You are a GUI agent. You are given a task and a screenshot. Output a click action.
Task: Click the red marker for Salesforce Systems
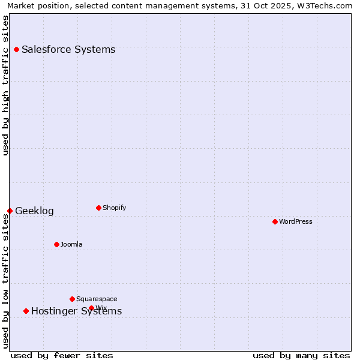click(16, 49)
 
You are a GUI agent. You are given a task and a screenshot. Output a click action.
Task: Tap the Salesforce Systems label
click(68, 49)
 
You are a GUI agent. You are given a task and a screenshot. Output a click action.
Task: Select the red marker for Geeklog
click(10, 211)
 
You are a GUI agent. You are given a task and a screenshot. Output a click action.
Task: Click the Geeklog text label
click(34, 211)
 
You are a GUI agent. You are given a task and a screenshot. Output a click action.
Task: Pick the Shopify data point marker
click(98, 208)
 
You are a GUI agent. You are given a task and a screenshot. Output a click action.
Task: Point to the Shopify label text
click(114, 208)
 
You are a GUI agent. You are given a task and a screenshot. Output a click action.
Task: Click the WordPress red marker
click(275, 221)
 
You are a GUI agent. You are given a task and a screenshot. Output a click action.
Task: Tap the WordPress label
click(296, 222)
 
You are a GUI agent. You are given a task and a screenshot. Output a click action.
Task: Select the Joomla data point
click(56, 244)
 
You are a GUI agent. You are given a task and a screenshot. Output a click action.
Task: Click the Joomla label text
click(71, 245)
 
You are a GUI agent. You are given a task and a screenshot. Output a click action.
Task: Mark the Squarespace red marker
click(72, 299)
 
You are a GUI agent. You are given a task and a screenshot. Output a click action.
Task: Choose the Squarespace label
click(97, 299)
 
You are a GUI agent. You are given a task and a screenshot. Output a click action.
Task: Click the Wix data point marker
click(91, 308)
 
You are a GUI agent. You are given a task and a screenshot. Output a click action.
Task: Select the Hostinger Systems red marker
click(26, 311)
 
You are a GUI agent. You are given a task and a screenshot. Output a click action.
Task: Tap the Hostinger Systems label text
click(76, 311)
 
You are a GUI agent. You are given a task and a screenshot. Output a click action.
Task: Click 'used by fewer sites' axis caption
click(62, 355)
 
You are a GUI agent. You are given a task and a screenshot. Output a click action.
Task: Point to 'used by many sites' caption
click(301, 355)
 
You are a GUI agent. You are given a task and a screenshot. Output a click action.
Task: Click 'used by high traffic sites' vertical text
click(5, 85)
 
